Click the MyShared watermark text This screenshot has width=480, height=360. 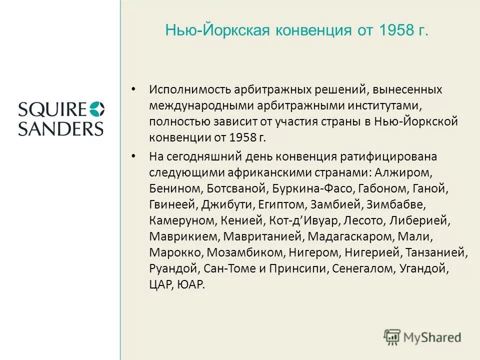pos(433,337)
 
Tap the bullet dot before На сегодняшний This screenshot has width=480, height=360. pos(133,156)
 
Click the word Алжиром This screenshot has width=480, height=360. pos(409,172)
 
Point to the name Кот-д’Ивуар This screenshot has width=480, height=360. pos(303,220)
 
